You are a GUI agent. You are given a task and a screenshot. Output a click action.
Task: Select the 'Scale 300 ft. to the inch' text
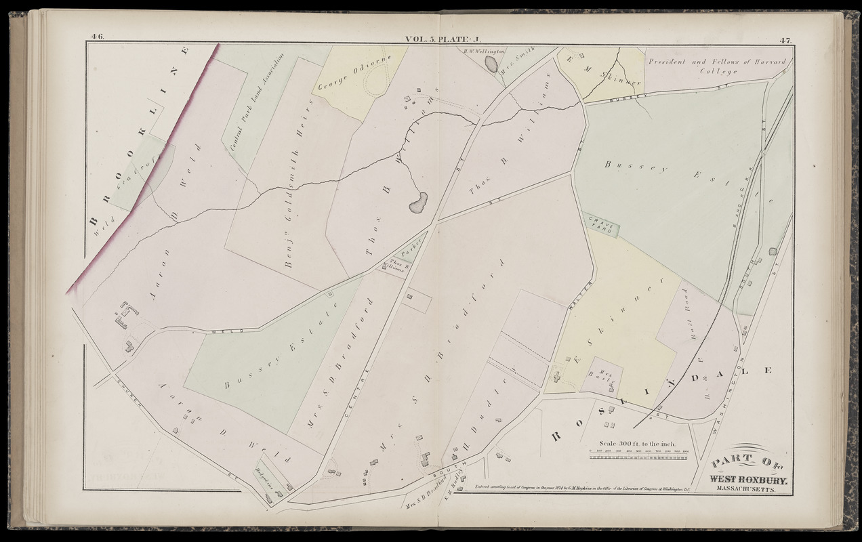[x=636, y=443]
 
